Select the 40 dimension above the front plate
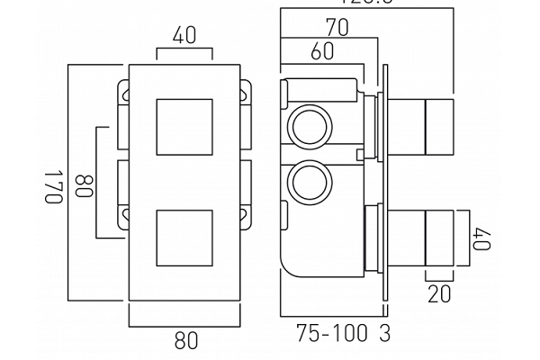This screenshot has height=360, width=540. tap(185, 38)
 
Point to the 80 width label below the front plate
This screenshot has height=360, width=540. tap(185, 341)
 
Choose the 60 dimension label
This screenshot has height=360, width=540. tap(322, 51)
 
